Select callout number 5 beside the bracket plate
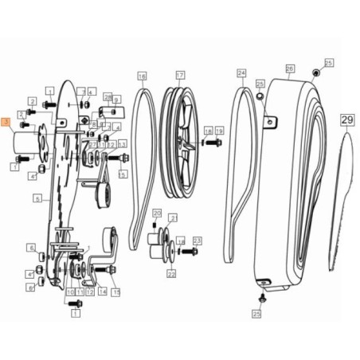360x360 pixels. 37,198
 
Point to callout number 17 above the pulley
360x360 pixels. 180,76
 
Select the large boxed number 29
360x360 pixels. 347,120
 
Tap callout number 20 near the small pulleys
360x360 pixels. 157,213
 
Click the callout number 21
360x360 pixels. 174,217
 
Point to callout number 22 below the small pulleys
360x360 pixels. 171,274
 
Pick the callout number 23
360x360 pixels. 198,240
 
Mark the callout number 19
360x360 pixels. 219,130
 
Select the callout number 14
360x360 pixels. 103,292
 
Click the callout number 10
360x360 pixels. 70,292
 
